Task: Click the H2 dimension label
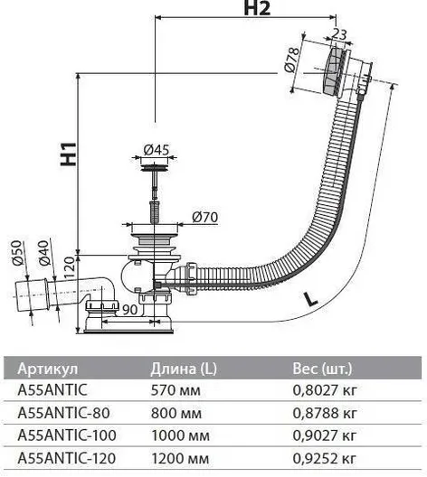click(x=257, y=8)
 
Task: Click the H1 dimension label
click(x=68, y=154)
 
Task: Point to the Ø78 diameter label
click(x=293, y=59)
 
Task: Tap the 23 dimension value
click(x=338, y=33)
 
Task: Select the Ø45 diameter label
click(x=156, y=149)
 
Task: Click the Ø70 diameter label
click(x=205, y=217)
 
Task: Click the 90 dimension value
click(x=130, y=309)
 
